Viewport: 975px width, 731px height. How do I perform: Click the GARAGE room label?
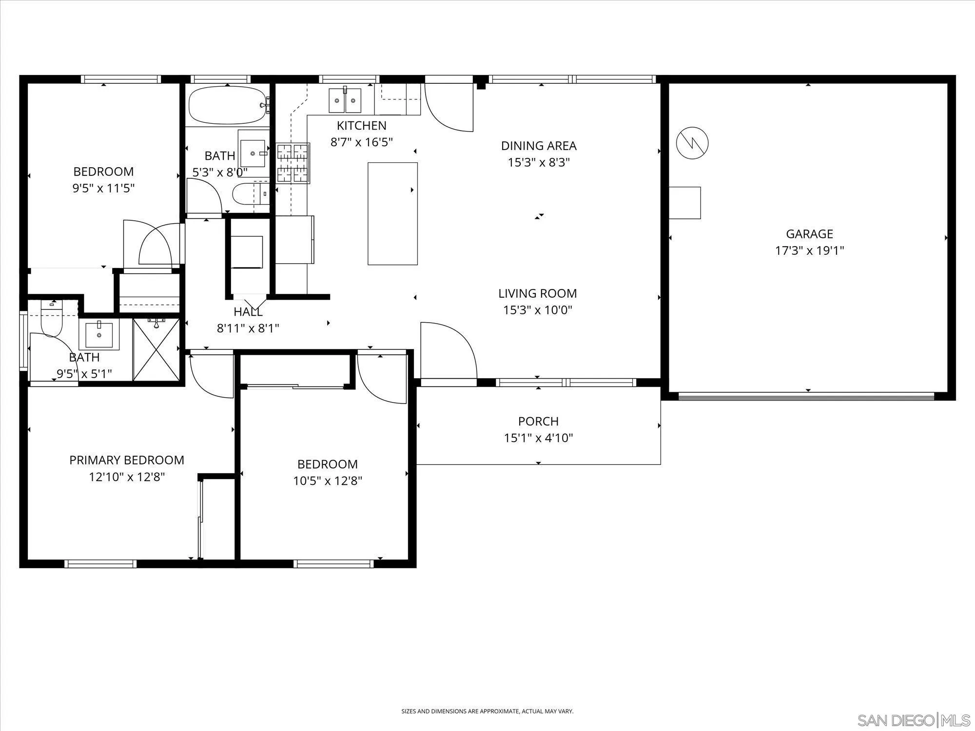pyautogui.click(x=809, y=234)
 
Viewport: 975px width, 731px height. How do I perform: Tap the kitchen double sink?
pyautogui.click(x=345, y=100)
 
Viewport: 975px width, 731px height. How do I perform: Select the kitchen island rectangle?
pyautogui.click(x=392, y=213)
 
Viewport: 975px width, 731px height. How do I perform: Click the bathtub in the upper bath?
pyautogui.click(x=227, y=105)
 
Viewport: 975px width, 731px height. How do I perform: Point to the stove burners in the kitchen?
pyautogui.click(x=293, y=163)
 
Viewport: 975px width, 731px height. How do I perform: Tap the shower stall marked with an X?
pyautogui.click(x=156, y=348)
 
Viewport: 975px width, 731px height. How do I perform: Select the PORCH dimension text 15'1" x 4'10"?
pyautogui.click(x=538, y=438)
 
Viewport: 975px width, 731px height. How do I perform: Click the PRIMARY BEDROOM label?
pyautogui.click(x=127, y=460)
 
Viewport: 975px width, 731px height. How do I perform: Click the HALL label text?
pyautogui.click(x=248, y=312)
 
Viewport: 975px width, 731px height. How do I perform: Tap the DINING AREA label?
pyautogui.click(x=539, y=145)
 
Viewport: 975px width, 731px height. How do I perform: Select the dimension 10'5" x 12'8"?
pyautogui.click(x=328, y=481)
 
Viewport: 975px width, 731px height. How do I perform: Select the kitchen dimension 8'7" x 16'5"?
pyautogui.click(x=362, y=142)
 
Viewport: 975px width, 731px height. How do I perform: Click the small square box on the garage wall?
pyautogui.click(x=684, y=203)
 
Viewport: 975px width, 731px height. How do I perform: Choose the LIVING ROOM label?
pyautogui.click(x=537, y=293)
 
